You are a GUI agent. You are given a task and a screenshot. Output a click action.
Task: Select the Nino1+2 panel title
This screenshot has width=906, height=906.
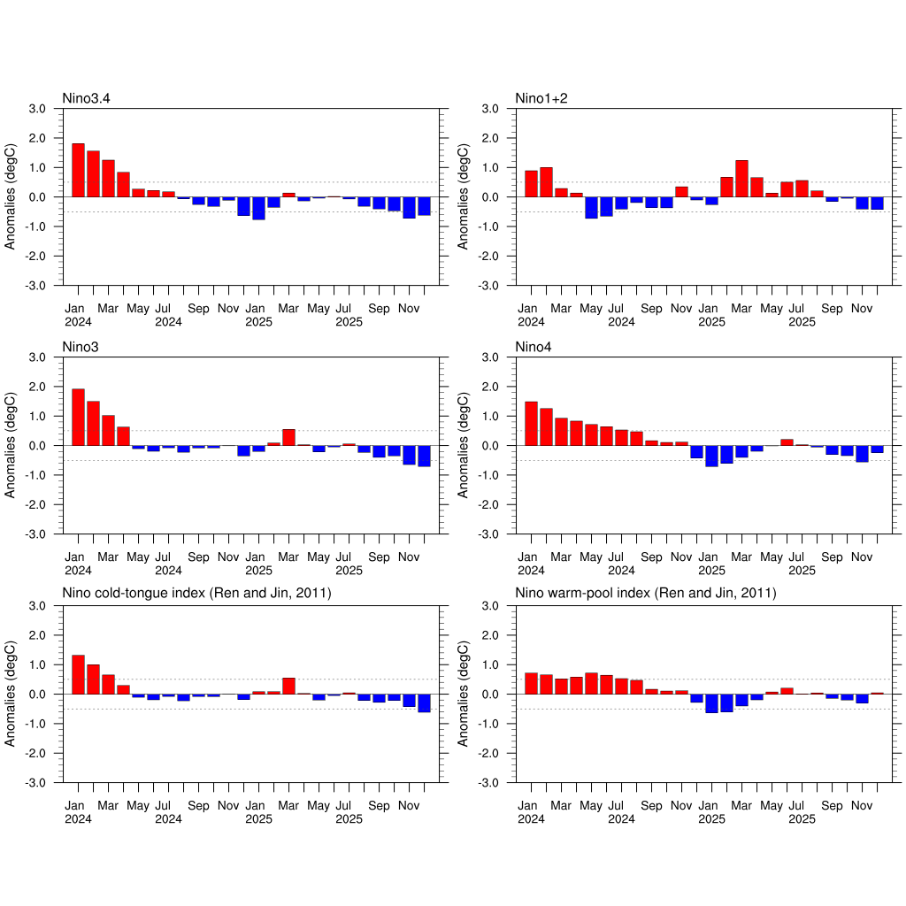tap(541, 97)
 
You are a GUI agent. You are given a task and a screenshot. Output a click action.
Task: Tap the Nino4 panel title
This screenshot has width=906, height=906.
tap(534, 346)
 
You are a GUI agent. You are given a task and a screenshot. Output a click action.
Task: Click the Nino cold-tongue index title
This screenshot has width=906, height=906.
tap(196, 594)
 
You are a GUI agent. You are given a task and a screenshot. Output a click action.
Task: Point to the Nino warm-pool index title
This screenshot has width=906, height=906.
tap(645, 594)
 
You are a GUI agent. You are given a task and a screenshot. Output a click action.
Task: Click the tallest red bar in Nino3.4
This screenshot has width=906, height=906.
tap(78, 170)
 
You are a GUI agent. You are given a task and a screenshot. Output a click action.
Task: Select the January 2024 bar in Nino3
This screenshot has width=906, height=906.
tap(78, 417)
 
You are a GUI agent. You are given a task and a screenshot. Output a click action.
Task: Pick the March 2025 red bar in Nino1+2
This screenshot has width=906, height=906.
tap(741, 179)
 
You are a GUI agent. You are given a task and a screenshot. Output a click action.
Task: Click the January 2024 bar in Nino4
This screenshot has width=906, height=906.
tap(531, 423)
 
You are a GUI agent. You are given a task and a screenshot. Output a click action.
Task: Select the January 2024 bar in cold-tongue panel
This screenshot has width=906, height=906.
tap(78, 674)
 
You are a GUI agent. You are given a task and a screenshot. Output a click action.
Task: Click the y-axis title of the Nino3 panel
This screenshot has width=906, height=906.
tap(11, 445)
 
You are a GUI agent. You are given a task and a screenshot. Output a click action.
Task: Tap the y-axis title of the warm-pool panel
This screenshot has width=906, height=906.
tap(464, 694)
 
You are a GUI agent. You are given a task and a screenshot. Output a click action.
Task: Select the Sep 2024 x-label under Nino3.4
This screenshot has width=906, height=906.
tap(198, 309)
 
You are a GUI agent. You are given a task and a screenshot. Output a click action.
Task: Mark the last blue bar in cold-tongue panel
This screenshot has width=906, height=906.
tap(424, 703)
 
